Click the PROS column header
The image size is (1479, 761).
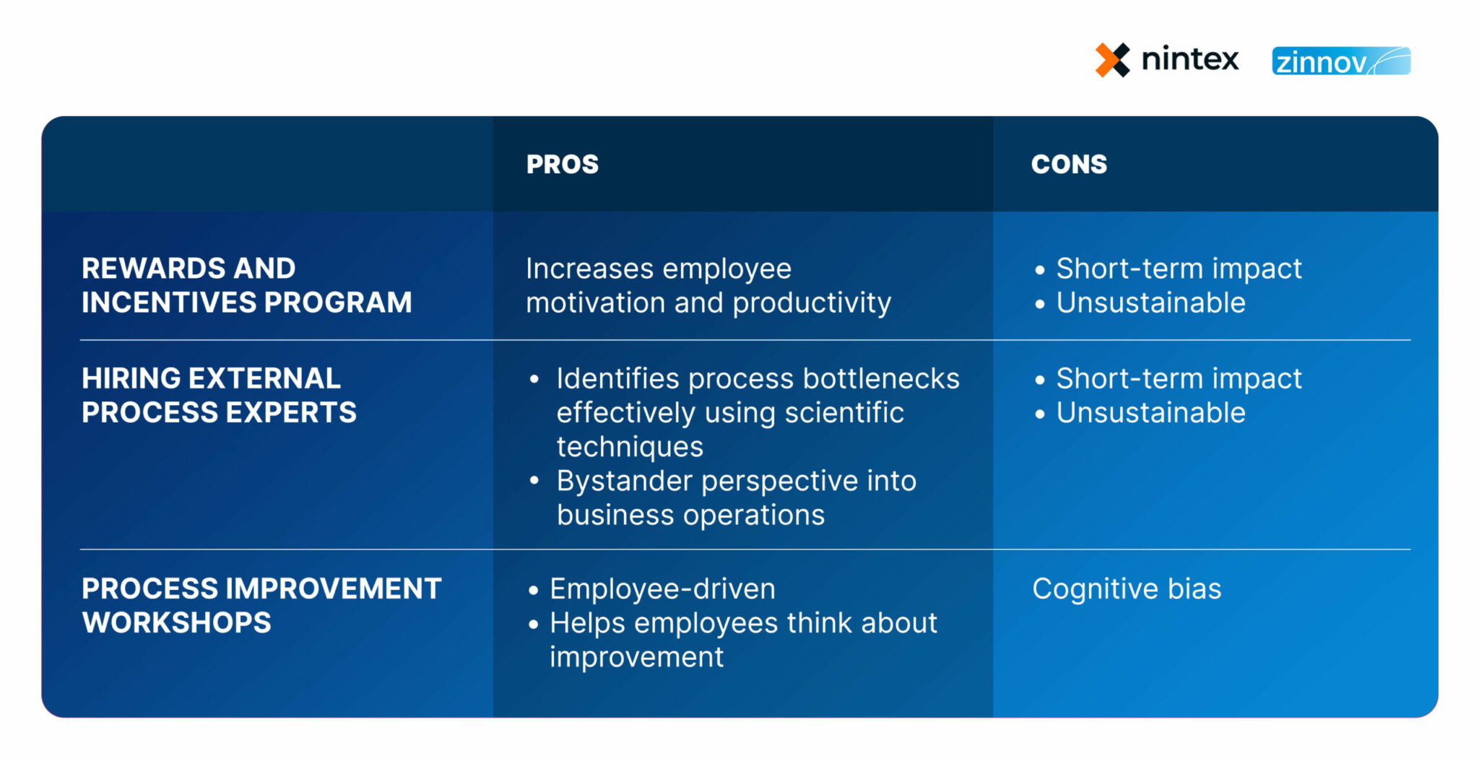pyautogui.click(x=562, y=165)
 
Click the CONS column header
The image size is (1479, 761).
pyautogui.click(x=1068, y=165)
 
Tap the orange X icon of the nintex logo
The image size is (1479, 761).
pyautogui.click(x=1112, y=60)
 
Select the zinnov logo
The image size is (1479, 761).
pyautogui.click(x=1340, y=61)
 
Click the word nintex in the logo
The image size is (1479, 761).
pyautogui.click(x=1189, y=58)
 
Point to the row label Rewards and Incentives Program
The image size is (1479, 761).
pyautogui.click(x=246, y=285)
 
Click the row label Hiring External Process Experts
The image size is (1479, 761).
pyautogui.click(x=219, y=395)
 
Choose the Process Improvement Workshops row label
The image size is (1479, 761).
pyautogui.click(x=261, y=605)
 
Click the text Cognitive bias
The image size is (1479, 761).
pyautogui.click(x=1126, y=589)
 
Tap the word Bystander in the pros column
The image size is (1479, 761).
pyautogui.click(x=624, y=482)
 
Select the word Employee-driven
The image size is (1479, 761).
pyautogui.click(x=662, y=589)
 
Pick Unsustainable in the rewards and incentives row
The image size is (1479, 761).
pyautogui.click(x=1150, y=303)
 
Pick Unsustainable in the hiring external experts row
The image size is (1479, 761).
pyautogui.click(x=1150, y=413)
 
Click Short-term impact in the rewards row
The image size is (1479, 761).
pyautogui.click(x=1179, y=269)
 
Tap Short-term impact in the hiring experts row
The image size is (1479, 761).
pyautogui.click(x=1179, y=379)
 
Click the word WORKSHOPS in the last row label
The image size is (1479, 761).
pyautogui.click(x=176, y=623)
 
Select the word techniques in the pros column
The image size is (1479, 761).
pyautogui.click(x=629, y=447)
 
